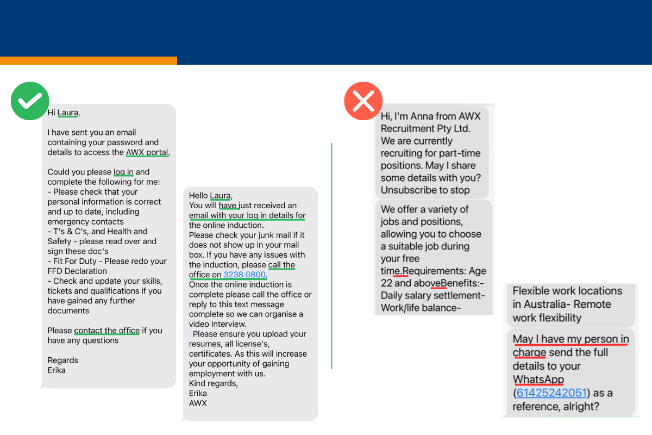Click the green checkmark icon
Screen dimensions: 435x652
[30, 101]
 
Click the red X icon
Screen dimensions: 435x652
[363, 101]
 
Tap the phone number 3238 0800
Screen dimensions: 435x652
[244, 275]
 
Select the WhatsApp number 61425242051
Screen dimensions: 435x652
[551, 393]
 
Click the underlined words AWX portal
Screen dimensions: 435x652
[147, 152]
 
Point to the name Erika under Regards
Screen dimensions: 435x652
[57, 370]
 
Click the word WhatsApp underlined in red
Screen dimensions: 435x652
[538, 380]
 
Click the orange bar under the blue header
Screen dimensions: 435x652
[88, 60]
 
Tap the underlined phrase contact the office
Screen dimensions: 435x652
[107, 331]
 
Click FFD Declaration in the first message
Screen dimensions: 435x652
[77, 271]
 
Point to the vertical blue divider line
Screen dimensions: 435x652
[331, 256]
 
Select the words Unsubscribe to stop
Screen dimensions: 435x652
[425, 190]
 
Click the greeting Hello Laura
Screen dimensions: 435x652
[210, 196]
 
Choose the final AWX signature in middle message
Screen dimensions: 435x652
[198, 403]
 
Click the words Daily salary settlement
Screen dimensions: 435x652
[432, 296]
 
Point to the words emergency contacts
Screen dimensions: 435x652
[85, 222]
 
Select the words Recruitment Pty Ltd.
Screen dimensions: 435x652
[425, 129]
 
